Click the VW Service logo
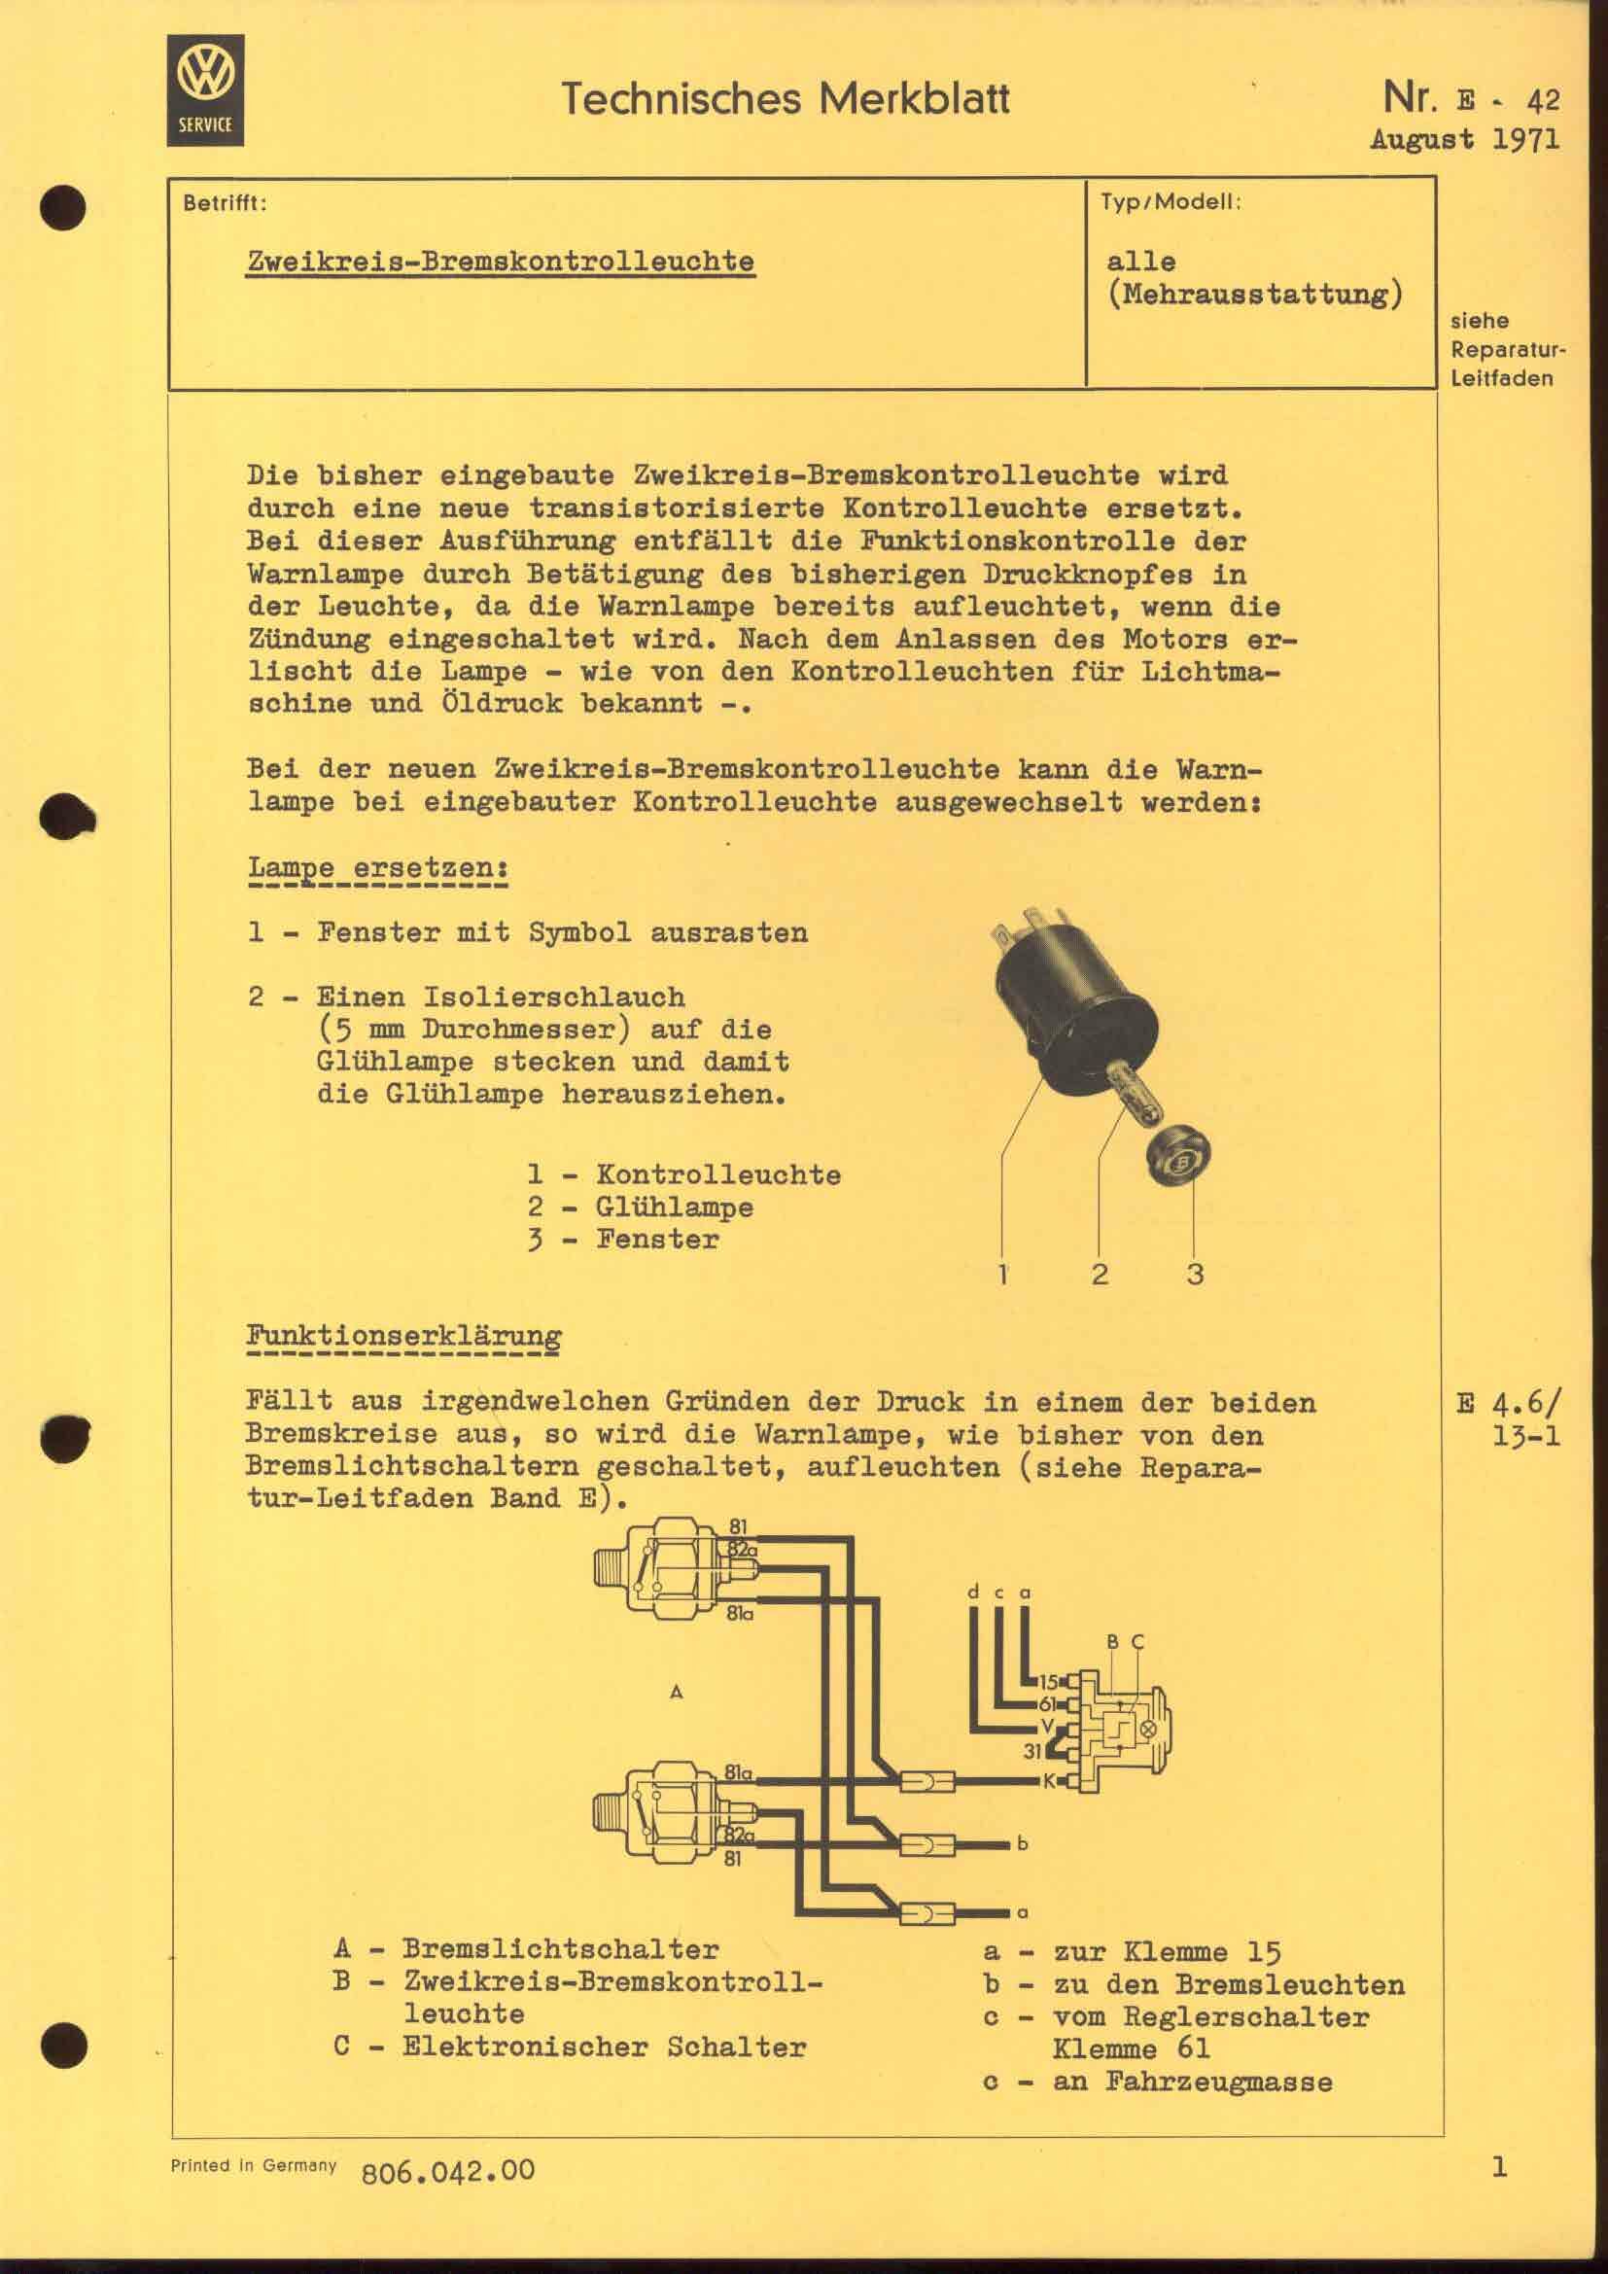click(x=205, y=90)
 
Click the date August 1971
click(x=1464, y=140)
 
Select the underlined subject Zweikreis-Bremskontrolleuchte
click(x=500, y=262)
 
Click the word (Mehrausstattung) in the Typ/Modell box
click(x=1254, y=296)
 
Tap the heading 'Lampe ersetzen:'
click(x=377, y=867)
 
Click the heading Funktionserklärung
click(x=403, y=1335)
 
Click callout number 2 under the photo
click(x=1100, y=1275)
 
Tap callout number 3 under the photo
click(x=1195, y=1275)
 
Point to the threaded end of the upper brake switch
click(x=607, y=1572)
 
